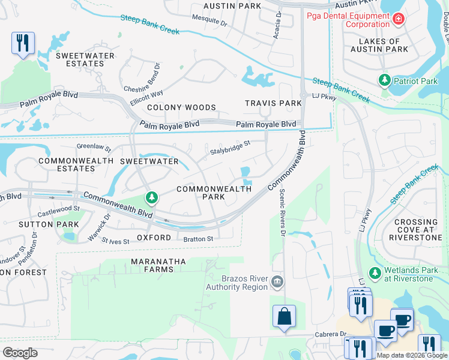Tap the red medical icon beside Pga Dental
(397, 20)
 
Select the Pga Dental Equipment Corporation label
(348, 20)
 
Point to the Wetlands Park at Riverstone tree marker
(375, 274)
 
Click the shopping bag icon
(284, 317)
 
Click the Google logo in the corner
(20, 353)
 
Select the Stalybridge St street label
(229, 148)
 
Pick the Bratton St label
(198, 239)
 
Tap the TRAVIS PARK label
(273, 103)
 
